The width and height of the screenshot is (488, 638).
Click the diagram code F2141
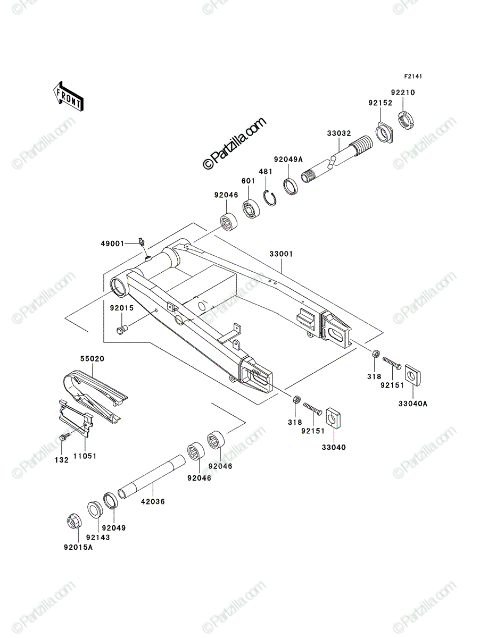coord(412,77)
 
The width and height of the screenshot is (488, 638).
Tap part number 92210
coord(403,93)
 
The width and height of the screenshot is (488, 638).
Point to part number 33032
coord(339,133)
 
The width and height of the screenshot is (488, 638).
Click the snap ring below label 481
coord(270,198)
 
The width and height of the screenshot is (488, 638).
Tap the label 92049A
coord(288,159)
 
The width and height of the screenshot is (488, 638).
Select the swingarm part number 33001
coord(281,254)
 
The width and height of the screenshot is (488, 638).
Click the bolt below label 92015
coord(122,329)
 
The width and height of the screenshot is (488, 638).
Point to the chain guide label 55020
coord(93,359)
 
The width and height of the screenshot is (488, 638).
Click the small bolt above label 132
coord(65,436)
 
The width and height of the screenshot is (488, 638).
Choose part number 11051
coord(85,456)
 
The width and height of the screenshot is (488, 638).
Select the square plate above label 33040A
coord(413,376)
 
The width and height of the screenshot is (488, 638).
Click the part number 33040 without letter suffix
coord(334,447)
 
